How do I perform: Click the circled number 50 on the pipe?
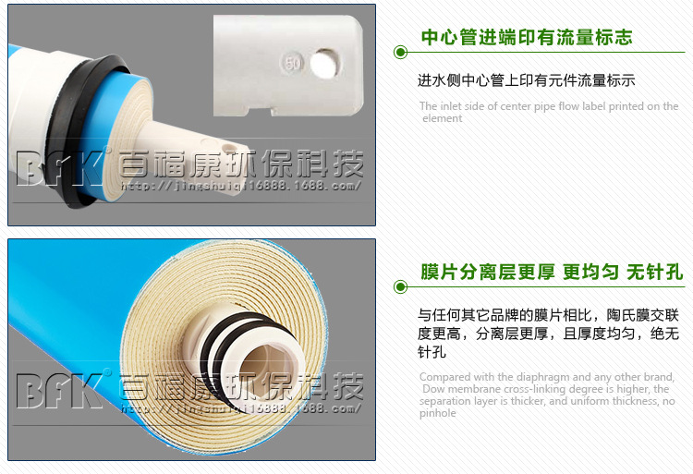pos(293,65)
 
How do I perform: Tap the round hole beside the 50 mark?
pos(323,63)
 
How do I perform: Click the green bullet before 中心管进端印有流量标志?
pos(401,53)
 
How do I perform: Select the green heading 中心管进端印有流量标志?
pos(527,37)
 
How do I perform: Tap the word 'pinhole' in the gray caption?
pos(438,413)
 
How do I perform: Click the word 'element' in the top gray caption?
pos(443,118)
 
